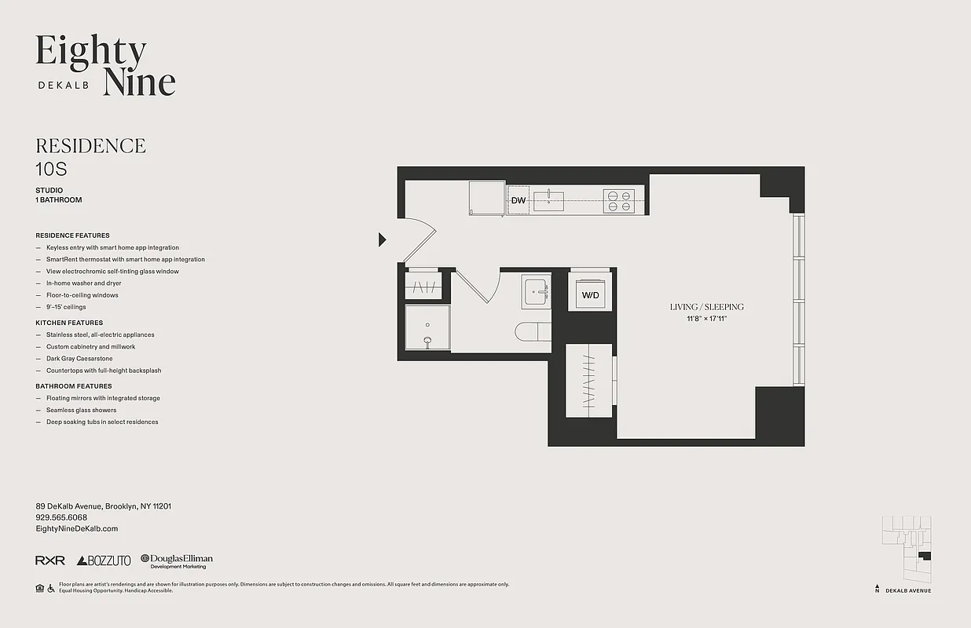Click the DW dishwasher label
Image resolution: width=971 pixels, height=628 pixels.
[x=518, y=200]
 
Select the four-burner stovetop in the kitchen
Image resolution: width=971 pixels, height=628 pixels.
[x=618, y=201]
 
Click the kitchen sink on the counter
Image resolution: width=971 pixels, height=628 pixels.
[x=549, y=201]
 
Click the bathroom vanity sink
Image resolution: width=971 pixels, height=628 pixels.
[x=537, y=291]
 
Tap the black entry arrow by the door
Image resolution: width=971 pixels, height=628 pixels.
[x=383, y=239]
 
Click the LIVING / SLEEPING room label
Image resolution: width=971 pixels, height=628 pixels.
[x=706, y=307]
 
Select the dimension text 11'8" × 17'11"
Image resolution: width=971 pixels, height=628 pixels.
[x=706, y=318]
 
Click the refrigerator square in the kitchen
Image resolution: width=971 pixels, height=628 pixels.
[x=486, y=197]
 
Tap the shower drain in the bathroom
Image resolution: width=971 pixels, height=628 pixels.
[x=427, y=341]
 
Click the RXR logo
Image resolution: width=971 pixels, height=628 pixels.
[x=50, y=560]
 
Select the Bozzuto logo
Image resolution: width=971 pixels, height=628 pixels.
[x=104, y=560]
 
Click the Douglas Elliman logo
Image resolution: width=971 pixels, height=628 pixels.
[x=177, y=560]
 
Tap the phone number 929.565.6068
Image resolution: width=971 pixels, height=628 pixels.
[x=61, y=517]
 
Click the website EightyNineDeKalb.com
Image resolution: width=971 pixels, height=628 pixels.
[x=77, y=529]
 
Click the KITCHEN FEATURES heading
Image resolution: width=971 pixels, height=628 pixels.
[x=69, y=323]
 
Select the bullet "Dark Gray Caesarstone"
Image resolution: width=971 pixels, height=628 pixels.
[x=79, y=359]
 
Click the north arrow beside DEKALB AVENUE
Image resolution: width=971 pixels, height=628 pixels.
[x=878, y=588]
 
